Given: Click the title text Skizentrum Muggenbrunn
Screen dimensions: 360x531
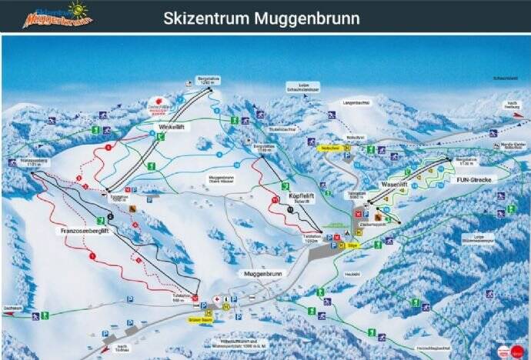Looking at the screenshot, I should [x=261, y=16].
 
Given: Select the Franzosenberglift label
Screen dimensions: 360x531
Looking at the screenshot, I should [x=85, y=230].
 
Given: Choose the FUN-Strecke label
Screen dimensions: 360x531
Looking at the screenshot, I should [x=473, y=178].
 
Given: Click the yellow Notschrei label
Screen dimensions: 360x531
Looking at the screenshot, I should [x=331, y=148].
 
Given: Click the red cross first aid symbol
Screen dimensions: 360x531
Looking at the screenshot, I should [x=216, y=298].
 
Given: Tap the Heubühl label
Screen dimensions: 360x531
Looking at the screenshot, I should [x=352, y=273].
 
